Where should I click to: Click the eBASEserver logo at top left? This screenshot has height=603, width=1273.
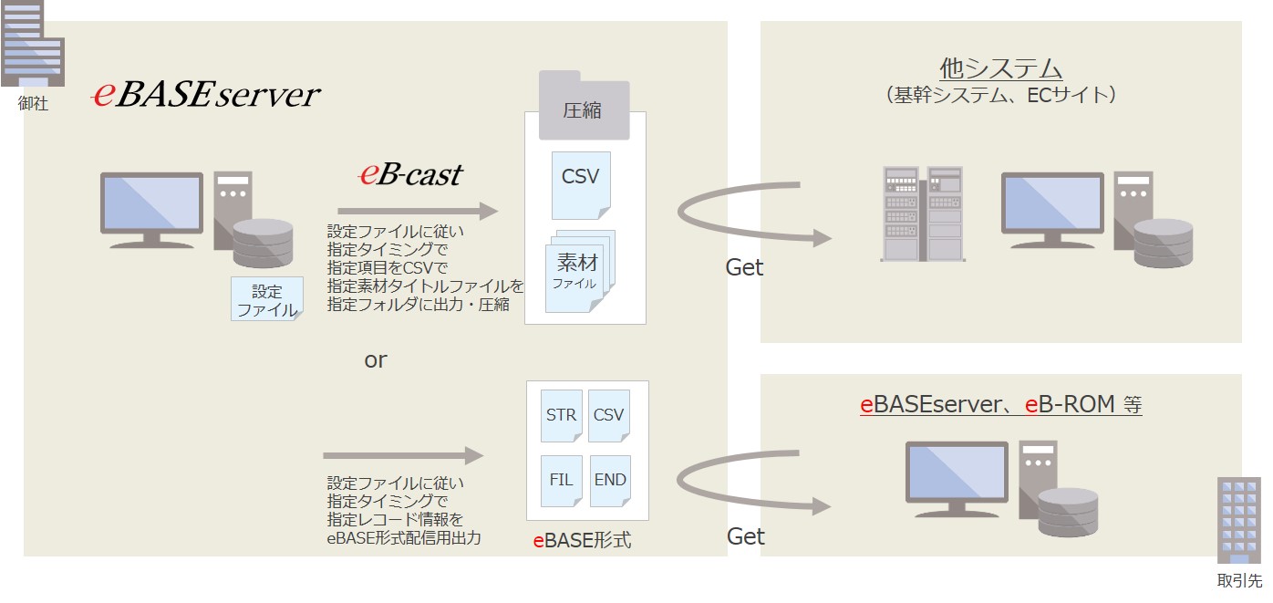click(206, 94)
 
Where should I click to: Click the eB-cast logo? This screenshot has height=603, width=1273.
click(410, 174)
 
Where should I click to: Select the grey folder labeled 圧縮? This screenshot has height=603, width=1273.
click(584, 105)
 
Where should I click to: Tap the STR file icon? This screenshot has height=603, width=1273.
click(562, 415)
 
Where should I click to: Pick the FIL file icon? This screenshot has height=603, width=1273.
click(562, 480)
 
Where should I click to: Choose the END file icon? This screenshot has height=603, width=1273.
click(610, 480)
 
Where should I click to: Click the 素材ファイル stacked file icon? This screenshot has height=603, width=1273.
click(580, 271)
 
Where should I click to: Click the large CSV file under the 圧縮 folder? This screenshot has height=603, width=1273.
click(581, 185)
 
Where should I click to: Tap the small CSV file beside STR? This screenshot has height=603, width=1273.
click(608, 415)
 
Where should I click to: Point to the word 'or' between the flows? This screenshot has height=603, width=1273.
click(376, 359)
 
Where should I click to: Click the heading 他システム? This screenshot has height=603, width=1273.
click(1000, 68)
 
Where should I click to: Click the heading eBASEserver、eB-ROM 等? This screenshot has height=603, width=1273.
click(1000, 405)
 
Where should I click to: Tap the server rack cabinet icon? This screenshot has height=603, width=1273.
click(923, 213)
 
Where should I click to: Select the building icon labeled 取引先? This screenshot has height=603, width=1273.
click(1239, 520)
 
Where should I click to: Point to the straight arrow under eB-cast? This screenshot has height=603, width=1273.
click(418, 211)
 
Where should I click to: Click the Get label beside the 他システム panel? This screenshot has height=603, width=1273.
click(744, 267)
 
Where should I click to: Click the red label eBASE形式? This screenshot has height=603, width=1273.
click(582, 540)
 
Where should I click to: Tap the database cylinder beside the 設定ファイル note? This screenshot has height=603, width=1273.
click(264, 244)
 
